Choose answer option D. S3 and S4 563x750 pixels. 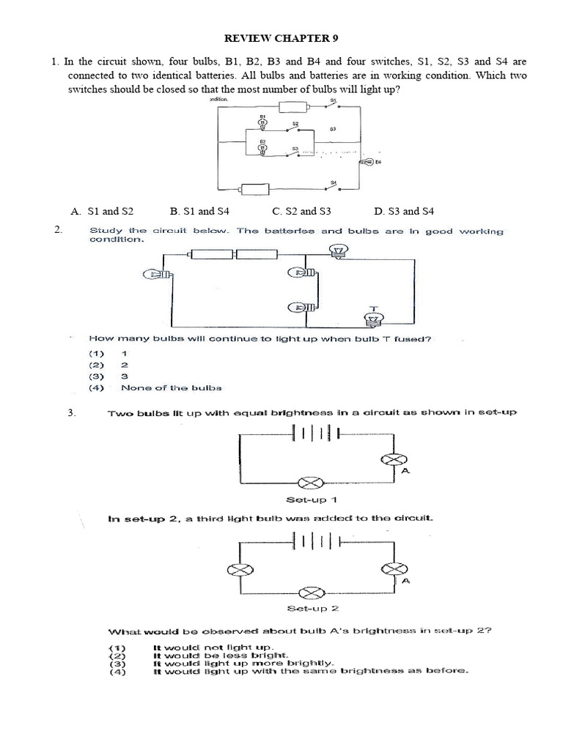[403, 211]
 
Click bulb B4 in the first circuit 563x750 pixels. [364, 162]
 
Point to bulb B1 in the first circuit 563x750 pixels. [262, 122]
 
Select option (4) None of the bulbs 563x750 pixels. [171, 387]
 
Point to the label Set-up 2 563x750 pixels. [317, 607]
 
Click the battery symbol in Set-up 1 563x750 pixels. [315, 434]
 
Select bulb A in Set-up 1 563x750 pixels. [395, 459]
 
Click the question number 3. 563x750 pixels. [71, 412]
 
